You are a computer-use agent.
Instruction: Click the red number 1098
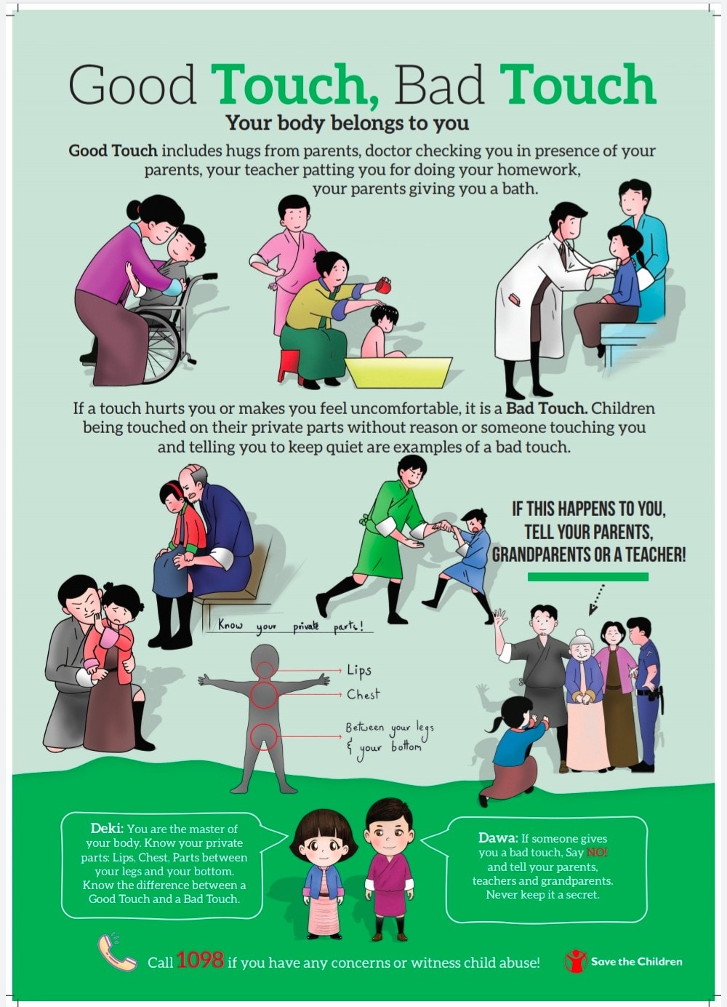coord(200,960)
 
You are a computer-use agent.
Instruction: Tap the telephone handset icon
coord(116,952)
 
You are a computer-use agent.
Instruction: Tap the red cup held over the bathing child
coord(384,285)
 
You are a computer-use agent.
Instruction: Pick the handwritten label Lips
coord(358,671)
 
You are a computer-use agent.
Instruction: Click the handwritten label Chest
coord(363,695)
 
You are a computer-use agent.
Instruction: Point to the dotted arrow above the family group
coord(596,600)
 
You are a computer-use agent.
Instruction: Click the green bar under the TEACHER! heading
coord(587,577)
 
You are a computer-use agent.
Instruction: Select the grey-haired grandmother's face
coord(581,650)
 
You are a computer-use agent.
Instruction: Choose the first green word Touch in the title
coord(294,84)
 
